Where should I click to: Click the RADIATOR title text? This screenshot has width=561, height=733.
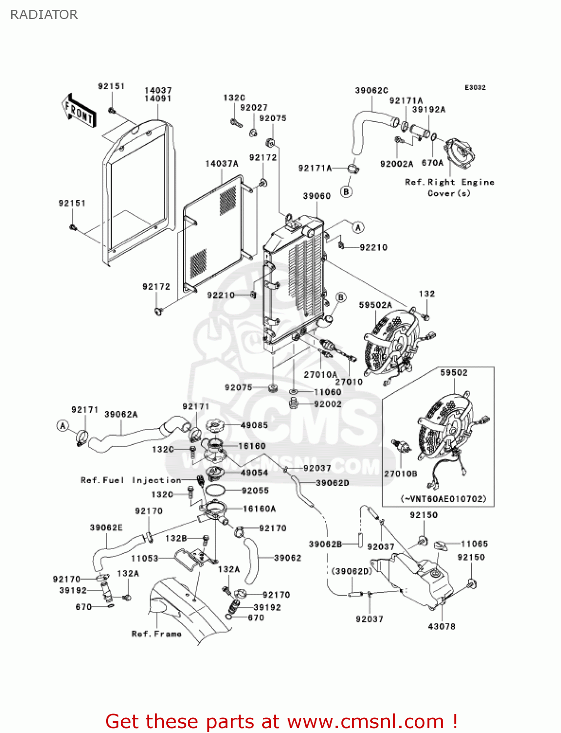tap(44, 15)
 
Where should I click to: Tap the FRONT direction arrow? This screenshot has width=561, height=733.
tap(78, 111)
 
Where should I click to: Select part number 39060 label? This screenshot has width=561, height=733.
tap(316, 196)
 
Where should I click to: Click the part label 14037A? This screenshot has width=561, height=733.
tap(222, 164)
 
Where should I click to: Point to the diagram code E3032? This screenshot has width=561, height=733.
tap(475, 87)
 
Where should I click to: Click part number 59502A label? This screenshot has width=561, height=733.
tap(375, 305)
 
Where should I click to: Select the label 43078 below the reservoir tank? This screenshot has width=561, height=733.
tap(441, 626)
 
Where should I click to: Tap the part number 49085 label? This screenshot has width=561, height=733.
tap(254, 425)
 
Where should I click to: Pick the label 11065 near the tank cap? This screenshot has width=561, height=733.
tap(474, 544)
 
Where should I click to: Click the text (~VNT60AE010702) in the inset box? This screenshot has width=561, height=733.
tap(444, 499)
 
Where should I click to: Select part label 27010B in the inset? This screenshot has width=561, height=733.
tap(401, 474)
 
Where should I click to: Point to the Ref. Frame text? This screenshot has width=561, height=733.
tap(156, 634)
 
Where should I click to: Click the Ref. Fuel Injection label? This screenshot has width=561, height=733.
tap(131, 480)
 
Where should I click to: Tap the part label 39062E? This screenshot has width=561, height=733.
tap(106, 528)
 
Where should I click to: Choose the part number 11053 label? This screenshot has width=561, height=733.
tap(144, 559)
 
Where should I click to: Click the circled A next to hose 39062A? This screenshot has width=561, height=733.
tap(63, 426)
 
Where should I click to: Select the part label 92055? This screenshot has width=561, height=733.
tap(255, 491)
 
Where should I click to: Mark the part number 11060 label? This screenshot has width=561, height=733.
tap(327, 392)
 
